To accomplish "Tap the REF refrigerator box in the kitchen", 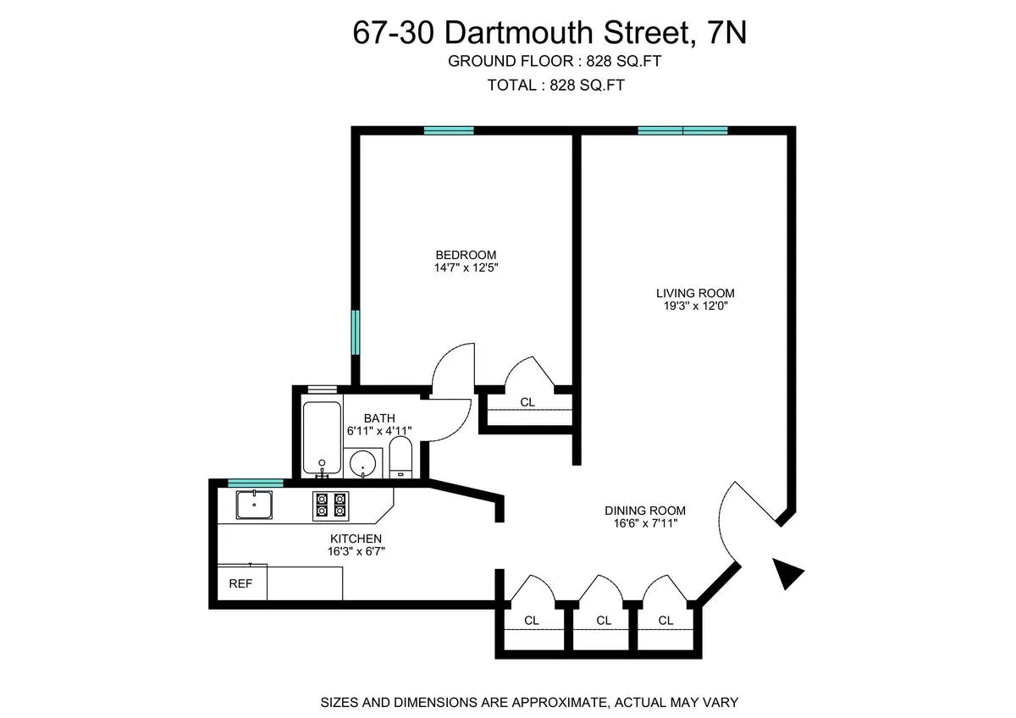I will [241, 583].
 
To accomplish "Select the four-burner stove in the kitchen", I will [331, 505].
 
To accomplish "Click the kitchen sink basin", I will [255, 505].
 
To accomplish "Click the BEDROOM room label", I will [466, 255].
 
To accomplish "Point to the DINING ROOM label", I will [644, 511].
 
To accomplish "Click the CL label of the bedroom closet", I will [527, 402].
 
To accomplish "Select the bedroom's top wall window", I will [449, 130].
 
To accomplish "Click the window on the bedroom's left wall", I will [356, 333].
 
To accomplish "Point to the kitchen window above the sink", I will [256, 483].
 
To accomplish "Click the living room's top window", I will [682, 130].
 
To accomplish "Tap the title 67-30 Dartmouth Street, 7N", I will [550, 34].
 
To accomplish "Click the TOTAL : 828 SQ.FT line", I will [556, 85].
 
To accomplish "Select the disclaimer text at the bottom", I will [529, 702].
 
